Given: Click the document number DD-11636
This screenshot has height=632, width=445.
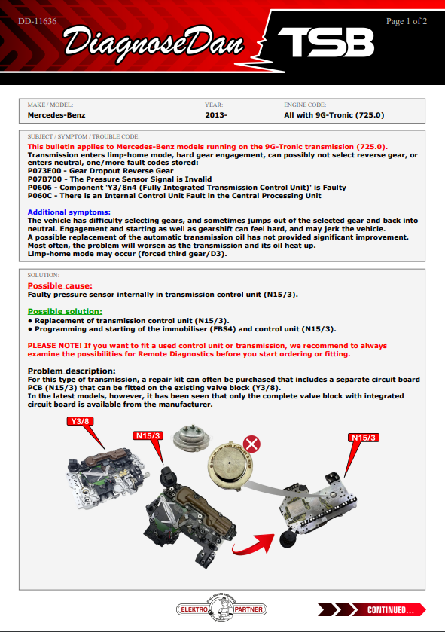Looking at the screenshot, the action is click(x=38, y=21).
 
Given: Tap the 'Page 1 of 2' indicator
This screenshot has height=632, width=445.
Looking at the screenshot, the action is click(x=407, y=21).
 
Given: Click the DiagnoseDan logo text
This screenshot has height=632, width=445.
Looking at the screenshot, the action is click(x=154, y=44).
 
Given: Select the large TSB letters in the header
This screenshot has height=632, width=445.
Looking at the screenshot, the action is click(x=326, y=42).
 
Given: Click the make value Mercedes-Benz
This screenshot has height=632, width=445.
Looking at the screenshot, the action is click(x=56, y=115).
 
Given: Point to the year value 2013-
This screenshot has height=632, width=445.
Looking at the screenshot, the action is click(x=216, y=115).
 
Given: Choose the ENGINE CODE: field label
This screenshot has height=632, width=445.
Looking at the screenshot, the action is click(x=305, y=105).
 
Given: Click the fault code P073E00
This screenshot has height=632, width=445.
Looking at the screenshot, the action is click(x=44, y=171).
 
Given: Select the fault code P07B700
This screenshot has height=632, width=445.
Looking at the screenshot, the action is click(x=44, y=179).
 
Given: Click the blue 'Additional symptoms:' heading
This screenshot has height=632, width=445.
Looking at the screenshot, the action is click(x=69, y=212).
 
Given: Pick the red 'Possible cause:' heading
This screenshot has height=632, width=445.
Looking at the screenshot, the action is click(x=60, y=285).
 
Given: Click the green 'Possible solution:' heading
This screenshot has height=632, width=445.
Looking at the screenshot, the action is click(x=65, y=311).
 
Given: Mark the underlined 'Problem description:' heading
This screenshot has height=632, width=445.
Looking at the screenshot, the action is click(x=72, y=371).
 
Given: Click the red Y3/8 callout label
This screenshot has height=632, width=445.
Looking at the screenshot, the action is click(x=80, y=421).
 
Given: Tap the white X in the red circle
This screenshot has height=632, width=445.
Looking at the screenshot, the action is click(x=251, y=444).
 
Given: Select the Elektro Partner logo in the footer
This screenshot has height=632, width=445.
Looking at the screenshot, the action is click(x=221, y=609).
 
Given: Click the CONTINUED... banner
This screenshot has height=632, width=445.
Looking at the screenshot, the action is click(x=371, y=610).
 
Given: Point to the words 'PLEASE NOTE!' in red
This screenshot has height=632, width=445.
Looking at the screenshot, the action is click(x=54, y=346).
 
